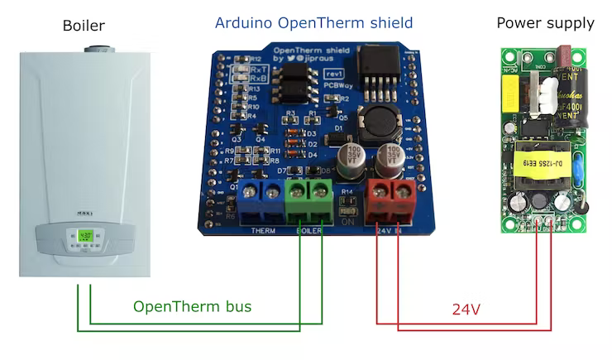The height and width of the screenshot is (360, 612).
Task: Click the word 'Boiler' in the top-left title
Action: (x=84, y=26)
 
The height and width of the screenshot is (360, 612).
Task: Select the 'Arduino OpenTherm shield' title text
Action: (x=313, y=23)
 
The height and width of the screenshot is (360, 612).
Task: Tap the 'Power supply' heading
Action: (x=545, y=22)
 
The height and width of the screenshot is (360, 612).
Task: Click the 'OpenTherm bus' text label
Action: (x=192, y=307)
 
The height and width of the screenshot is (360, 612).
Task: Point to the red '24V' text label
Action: (x=466, y=310)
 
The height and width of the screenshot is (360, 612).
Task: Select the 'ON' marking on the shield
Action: (x=348, y=222)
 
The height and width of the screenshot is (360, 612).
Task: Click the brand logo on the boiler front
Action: (x=84, y=214)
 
